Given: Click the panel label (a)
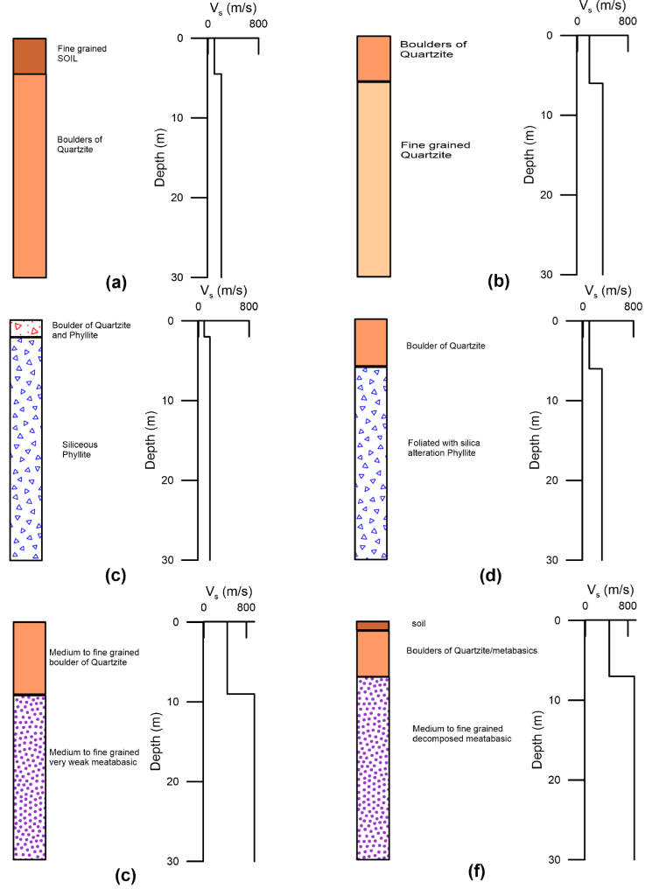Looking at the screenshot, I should (x=116, y=283).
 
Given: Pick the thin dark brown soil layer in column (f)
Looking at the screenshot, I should (x=372, y=625).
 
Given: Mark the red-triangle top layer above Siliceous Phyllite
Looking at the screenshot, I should (x=25, y=328).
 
